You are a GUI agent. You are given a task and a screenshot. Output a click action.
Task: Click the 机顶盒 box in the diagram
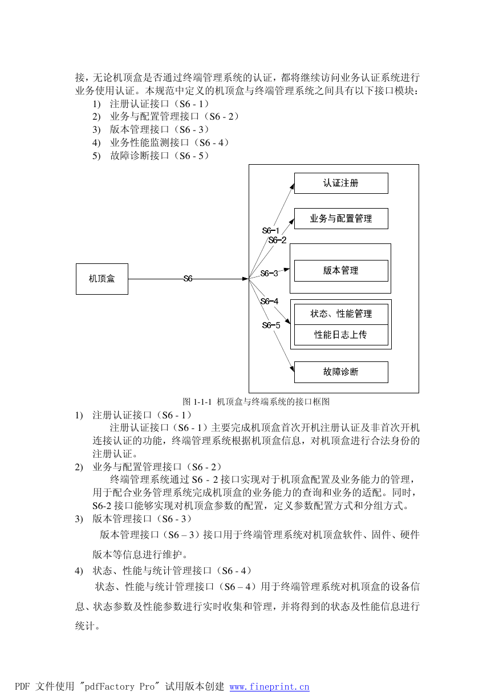point(102,279)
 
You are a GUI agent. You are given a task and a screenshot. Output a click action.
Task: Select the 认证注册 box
point(341,183)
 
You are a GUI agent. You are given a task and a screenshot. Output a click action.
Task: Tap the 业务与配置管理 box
point(341,218)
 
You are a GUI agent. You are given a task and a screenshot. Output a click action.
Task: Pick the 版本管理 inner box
point(341,271)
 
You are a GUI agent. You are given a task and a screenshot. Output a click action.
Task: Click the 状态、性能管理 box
point(341,314)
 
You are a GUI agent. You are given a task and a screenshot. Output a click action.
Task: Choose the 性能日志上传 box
point(341,335)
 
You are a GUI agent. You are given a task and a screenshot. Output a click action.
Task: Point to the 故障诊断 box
point(341,372)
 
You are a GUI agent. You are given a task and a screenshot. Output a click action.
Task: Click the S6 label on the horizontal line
point(188,278)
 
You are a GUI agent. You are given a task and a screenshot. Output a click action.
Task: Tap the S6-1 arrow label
point(270,231)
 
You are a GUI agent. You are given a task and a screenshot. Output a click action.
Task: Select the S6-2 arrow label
point(277,240)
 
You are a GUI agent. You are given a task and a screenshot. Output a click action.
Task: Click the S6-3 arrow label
point(269,274)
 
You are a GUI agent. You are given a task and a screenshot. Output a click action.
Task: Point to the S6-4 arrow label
point(269,301)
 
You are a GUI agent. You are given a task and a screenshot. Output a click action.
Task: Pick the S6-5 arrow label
point(271,325)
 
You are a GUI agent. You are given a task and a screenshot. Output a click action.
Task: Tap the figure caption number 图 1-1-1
point(197,401)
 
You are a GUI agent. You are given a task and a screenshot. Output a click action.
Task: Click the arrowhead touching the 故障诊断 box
point(292,368)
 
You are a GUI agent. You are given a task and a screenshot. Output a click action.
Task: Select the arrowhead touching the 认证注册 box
point(292,187)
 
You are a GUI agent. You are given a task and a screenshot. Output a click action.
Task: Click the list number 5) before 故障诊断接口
point(96,156)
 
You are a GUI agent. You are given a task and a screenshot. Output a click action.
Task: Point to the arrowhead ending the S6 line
point(245,279)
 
